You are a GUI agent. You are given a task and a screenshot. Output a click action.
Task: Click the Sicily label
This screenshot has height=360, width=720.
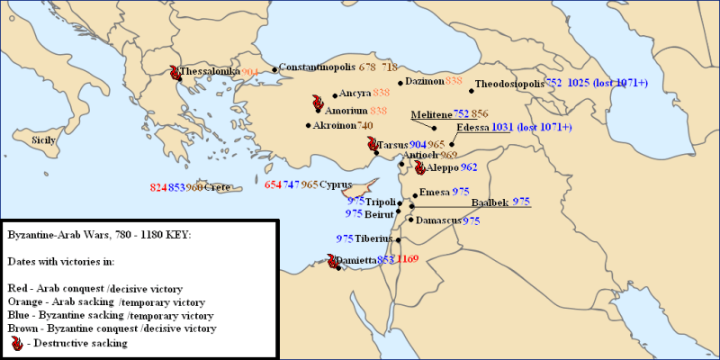pos(43,140)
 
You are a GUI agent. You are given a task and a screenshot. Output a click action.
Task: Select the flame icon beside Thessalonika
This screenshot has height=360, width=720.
pos(174,71)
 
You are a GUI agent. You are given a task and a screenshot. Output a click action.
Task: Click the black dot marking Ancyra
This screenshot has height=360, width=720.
pos(335,94)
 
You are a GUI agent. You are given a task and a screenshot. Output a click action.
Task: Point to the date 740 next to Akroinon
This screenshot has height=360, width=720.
pos(364,125)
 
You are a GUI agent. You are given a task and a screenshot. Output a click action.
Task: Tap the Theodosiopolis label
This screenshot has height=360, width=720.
pos(508,83)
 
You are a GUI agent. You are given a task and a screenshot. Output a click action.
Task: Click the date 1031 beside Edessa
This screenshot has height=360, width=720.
pos(503,128)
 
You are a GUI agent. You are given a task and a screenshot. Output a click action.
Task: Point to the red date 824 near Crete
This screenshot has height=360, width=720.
pos(158,187)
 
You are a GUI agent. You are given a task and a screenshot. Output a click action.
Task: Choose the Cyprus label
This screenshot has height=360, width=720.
pos(336,184)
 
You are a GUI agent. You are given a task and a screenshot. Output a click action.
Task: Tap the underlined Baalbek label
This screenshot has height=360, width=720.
pos(490,202)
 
